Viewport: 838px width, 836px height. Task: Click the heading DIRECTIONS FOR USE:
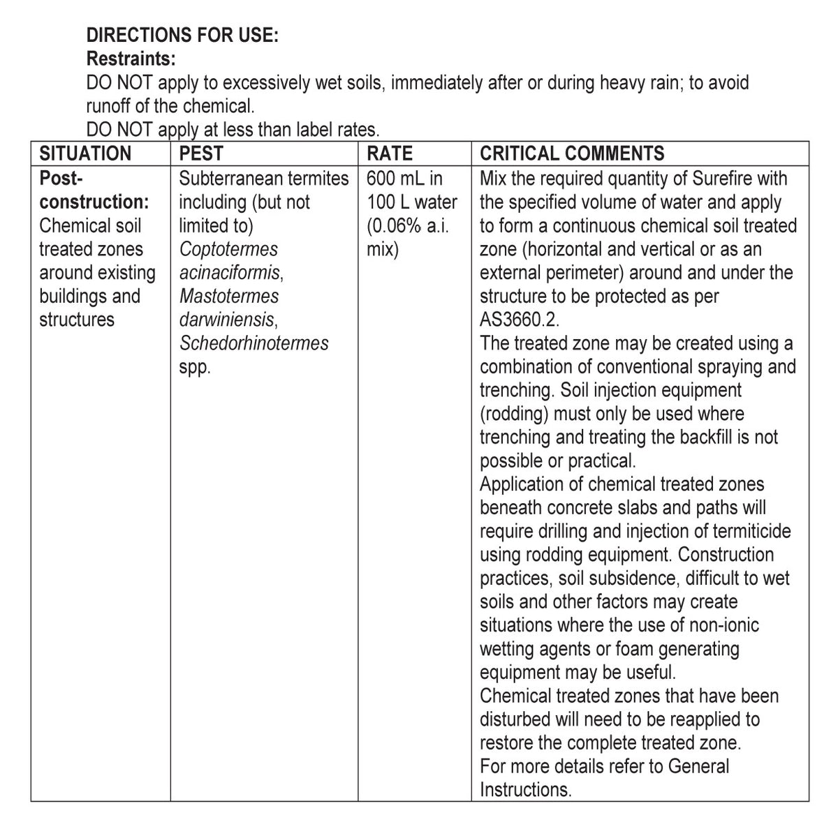coord(182,35)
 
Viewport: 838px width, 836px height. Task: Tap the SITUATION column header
coord(85,154)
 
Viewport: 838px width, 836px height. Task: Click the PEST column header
coord(201,154)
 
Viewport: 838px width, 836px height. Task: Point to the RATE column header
coord(390,154)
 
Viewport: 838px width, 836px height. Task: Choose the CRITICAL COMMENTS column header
coord(572,154)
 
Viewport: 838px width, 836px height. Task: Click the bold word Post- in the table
coord(61,179)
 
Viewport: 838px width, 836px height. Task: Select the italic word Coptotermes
coord(228,249)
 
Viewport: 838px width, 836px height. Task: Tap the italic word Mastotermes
coord(229,296)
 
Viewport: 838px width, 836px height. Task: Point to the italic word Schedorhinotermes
coord(253,343)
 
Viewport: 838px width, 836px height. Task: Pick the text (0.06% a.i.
coord(407,225)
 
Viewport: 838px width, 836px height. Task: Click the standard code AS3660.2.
coord(520,320)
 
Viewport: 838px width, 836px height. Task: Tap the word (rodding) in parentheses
coord(515,414)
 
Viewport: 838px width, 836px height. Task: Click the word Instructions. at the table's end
coord(525,790)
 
